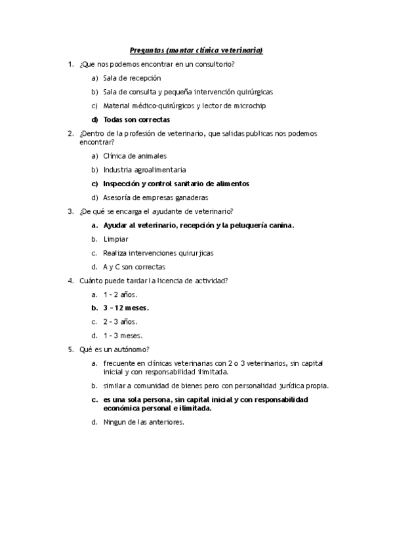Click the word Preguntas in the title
point(148,50)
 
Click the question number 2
point(70,133)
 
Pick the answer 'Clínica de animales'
point(134,156)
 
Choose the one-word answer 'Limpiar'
point(115,239)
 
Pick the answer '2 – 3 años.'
point(120,321)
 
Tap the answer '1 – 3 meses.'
point(123,335)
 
